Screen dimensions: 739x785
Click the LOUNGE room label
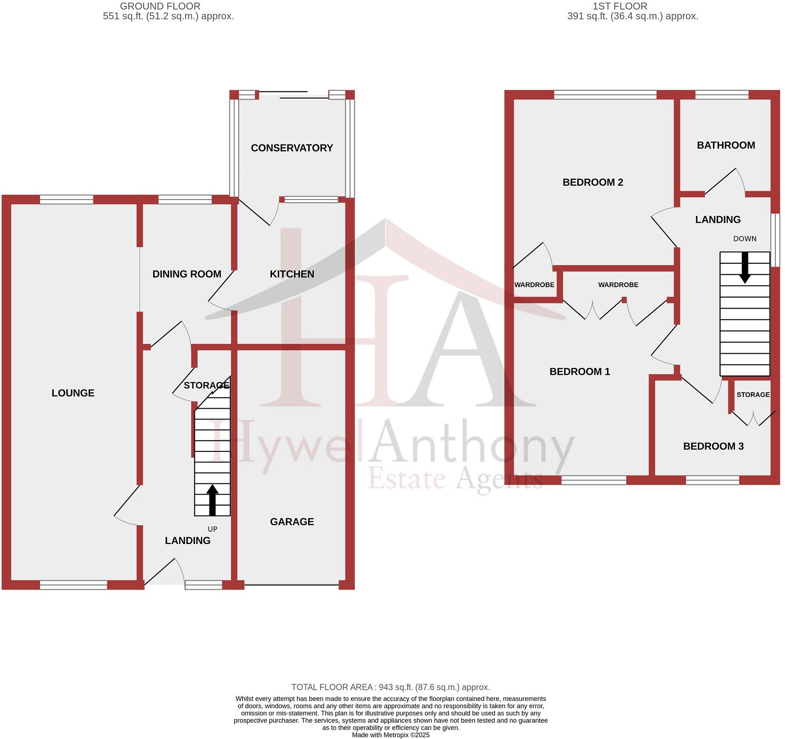[73, 393]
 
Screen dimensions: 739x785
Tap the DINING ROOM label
[187, 274]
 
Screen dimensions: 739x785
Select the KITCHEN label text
[292, 274]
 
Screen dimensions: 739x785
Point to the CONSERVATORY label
[292, 148]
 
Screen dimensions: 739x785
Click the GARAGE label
[292, 522]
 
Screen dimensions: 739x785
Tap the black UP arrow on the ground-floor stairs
[212, 500]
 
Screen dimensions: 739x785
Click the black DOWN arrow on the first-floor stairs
[745, 267]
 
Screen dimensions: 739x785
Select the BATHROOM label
[726, 145]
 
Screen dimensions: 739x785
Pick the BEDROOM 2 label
[592, 183]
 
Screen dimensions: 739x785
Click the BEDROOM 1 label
[580, 372]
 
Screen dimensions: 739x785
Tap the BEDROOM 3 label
[713, 447]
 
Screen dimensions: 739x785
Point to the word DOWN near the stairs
[745, 239]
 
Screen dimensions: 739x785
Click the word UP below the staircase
[212, 529]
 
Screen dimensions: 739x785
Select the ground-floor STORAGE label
[206, 385]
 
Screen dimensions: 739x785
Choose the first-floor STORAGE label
[753, 395]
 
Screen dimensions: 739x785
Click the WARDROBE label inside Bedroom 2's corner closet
[534, 285]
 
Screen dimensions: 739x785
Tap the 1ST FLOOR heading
[620, 6]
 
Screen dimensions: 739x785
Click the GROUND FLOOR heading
[160, 6]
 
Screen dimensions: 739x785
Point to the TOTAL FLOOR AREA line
[391, 687]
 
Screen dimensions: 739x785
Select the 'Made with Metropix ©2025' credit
[391, 735]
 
